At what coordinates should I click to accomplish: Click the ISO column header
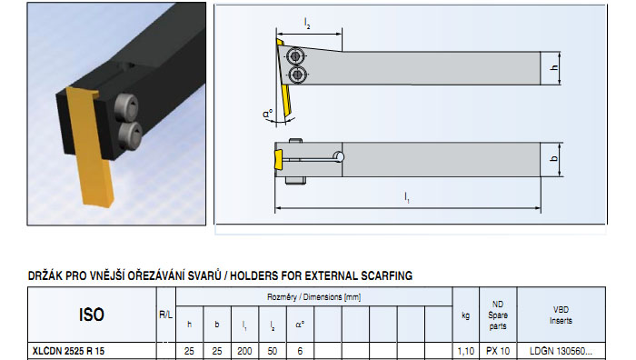pyautogui.click(x=92, y=315)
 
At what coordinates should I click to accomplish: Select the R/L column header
pyautogui.click(x=166, y=315)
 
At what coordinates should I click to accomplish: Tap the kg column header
pyautogui.click(x=465, y=315)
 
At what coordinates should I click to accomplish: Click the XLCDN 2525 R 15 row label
pyautogui.click(x=68, y=351)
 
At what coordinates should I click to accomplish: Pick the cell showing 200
pyautogui.click(x=244, y=351)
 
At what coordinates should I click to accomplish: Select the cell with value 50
pyautogui.click(x=273, y=351)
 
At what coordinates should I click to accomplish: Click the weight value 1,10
pyautogui.click(x=465, y=351)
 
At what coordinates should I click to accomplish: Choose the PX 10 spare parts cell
pyautogui.click(x=498, y=351)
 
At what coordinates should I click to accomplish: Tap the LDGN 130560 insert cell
pyautogui.click(x=561, y=351)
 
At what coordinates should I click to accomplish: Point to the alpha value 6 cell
pyautogui.click(x=300, y=351)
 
